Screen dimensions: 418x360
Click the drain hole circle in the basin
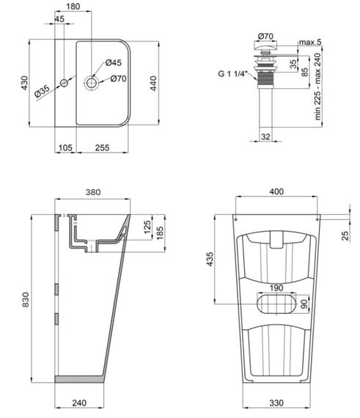(92, 83)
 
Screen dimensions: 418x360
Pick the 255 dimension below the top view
(103, 148)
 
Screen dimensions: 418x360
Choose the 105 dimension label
(65, 148)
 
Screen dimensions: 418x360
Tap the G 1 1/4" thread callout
(234, 73)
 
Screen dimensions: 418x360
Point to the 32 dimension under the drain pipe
(265, 136)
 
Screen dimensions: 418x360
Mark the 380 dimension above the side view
(92, 192)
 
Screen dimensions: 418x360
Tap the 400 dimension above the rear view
(276, 192)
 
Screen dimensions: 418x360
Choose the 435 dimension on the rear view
(210, 258)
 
